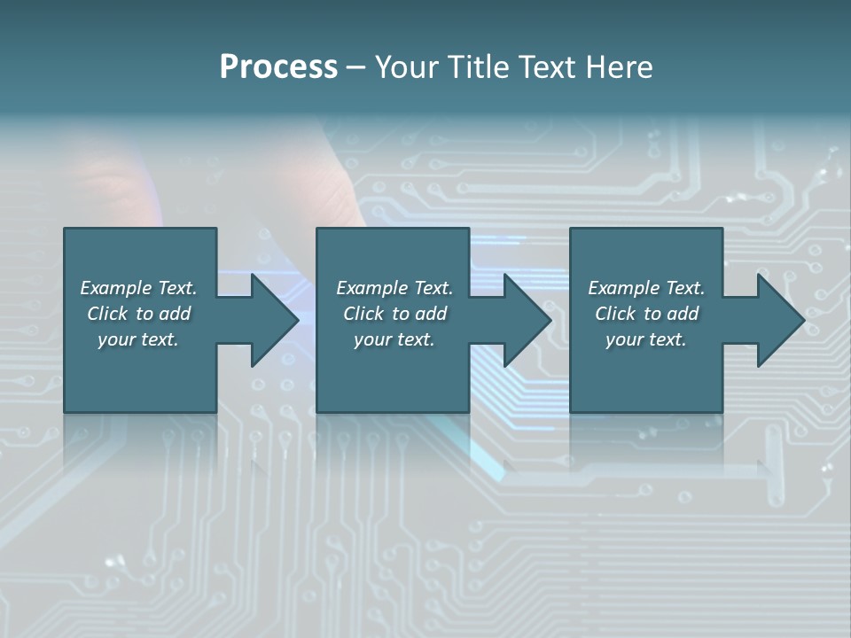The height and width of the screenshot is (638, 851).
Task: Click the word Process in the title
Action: pos(278,67)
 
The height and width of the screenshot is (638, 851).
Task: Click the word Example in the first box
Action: pos(116,288)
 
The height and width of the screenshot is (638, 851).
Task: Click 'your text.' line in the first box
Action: pos(138,339)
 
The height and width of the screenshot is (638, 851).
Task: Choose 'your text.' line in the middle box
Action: pos(394,339)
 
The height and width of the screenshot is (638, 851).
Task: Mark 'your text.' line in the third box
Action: pos(646,339)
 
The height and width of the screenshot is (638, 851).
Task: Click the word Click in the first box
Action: pos(107,314)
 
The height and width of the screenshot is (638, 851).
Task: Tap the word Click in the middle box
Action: pos(363,314)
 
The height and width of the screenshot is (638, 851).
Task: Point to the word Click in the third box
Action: pos(615,314)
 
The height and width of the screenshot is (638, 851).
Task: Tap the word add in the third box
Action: pos(683,314)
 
